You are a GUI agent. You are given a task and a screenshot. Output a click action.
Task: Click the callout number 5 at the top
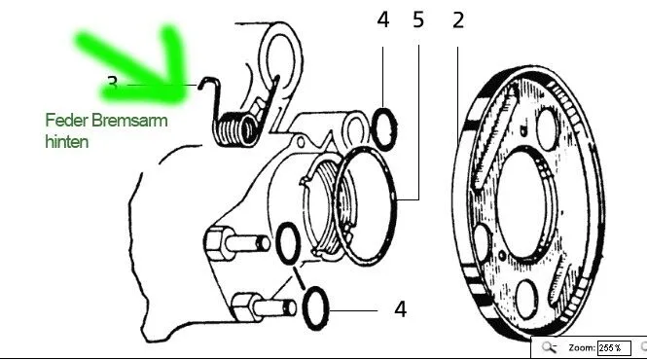(x=418, y=19)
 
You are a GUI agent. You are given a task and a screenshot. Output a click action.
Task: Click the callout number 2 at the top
(x=458, y=20)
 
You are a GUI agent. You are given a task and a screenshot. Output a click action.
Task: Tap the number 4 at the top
(x=383, y=19)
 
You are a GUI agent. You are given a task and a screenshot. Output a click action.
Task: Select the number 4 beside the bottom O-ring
(x=400, y=309)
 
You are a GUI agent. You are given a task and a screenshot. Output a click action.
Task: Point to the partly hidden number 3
(x=112, y=84)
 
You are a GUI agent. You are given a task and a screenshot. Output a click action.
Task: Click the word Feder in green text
(x=66, y=120)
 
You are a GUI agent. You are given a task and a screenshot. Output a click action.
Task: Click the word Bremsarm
(x=129, y=120)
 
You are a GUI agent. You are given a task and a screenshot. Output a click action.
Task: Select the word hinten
(x=67, y=142)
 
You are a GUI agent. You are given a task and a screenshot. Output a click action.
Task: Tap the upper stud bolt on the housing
(x=236, y=243)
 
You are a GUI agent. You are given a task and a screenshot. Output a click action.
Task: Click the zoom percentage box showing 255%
(x=614, y=347)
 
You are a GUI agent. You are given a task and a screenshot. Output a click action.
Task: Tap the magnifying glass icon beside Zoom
(x=549, y=347)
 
